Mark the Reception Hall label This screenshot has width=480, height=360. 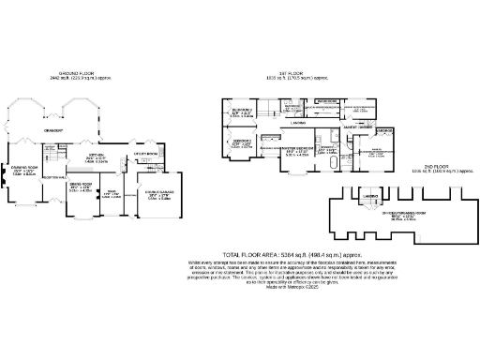[x=52, y=177]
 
